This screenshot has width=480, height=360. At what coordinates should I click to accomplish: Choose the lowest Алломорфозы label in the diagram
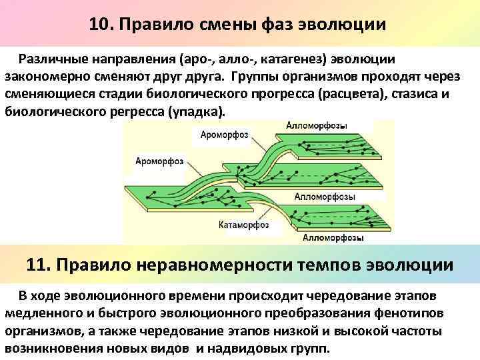point(333,237)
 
